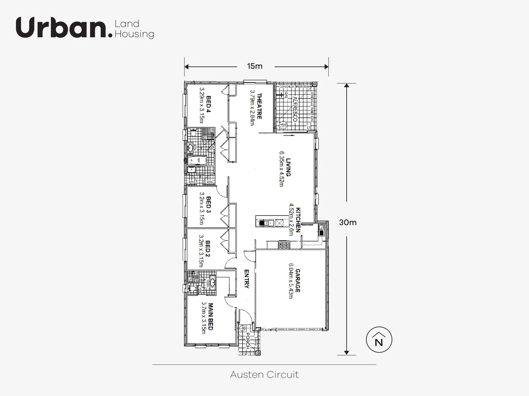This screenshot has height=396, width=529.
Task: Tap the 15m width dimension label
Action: click(255, 66)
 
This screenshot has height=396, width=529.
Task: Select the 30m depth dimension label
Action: click(347, 223)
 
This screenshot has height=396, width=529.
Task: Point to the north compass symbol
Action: click(379, 340)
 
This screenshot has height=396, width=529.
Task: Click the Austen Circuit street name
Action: click(264, 375)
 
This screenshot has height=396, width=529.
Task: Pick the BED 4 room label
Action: click(208, 104)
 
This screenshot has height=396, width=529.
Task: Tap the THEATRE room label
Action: click(259, 106)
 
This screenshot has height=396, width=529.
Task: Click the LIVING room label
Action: click(289, 167)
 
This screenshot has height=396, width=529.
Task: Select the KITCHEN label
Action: click(298, 220)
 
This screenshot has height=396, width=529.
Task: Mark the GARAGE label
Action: click(297, 281)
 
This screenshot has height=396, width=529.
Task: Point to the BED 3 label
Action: click(208, 205)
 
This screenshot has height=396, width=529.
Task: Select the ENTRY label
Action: click(247, 279)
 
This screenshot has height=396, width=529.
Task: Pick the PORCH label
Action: click(248, 341)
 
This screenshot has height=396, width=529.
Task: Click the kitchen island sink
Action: click(268, 223)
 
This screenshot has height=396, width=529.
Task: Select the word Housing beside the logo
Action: click(134, 34)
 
